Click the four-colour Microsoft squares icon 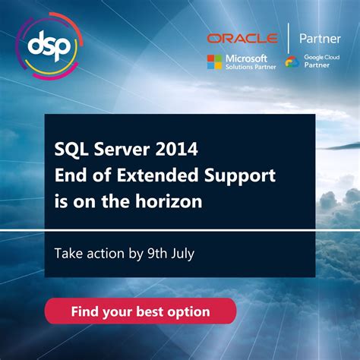tap(214, 62)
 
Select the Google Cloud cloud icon tap(292, 62)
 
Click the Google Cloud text tap(322, 57)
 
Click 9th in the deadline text tap(150, 254)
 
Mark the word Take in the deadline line tap(68, 254)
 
